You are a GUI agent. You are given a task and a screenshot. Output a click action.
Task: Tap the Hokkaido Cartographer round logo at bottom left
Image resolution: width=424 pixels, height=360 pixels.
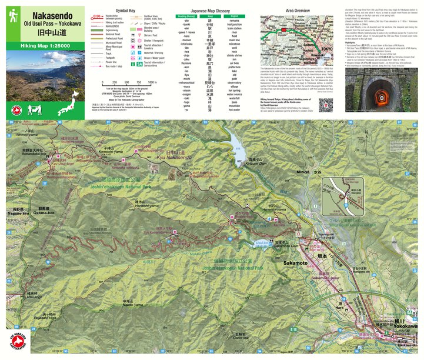[16, 344]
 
